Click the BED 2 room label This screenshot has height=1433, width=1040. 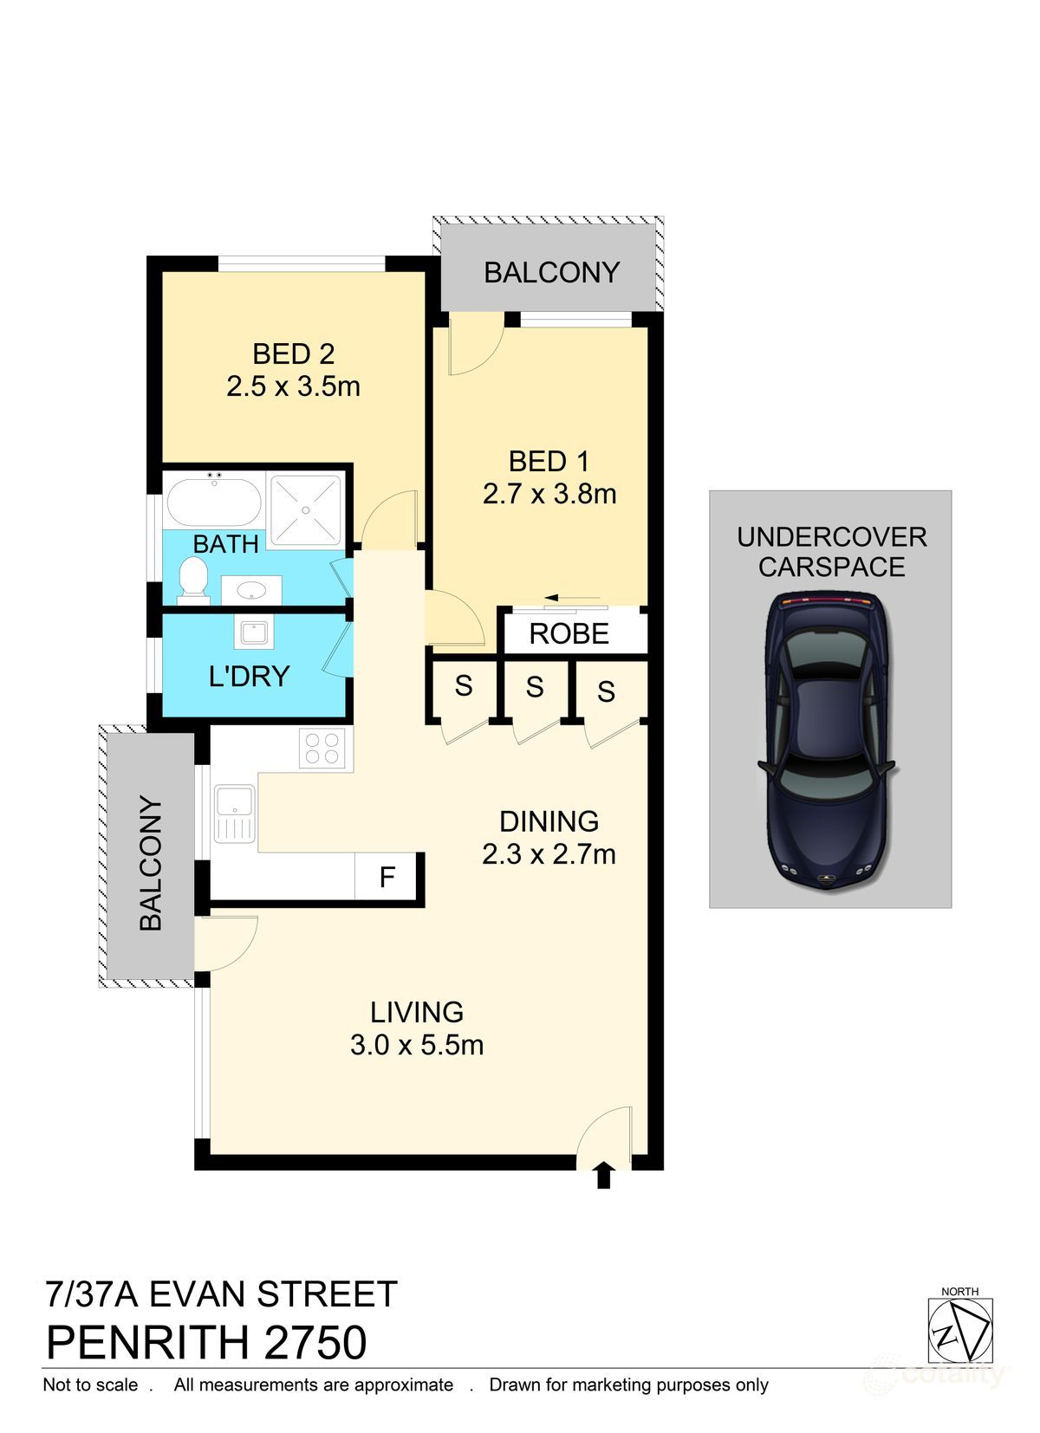[293, 354]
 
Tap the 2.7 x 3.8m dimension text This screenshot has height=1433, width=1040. [549, 495]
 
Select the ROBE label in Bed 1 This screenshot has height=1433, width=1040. [569, 634]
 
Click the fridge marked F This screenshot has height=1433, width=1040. [387, 878]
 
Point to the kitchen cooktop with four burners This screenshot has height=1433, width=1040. [322, 749]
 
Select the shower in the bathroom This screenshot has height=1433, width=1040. [305, 510]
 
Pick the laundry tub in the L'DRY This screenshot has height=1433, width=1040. [254, 632]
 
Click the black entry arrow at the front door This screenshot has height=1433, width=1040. [604, 1176]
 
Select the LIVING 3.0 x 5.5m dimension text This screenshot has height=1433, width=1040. [417, 1046]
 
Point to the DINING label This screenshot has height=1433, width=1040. [549, 821]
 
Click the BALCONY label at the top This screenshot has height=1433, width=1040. [551, 273]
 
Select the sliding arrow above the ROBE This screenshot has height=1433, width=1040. [573, 599]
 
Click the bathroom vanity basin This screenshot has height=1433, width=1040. [251, 591]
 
